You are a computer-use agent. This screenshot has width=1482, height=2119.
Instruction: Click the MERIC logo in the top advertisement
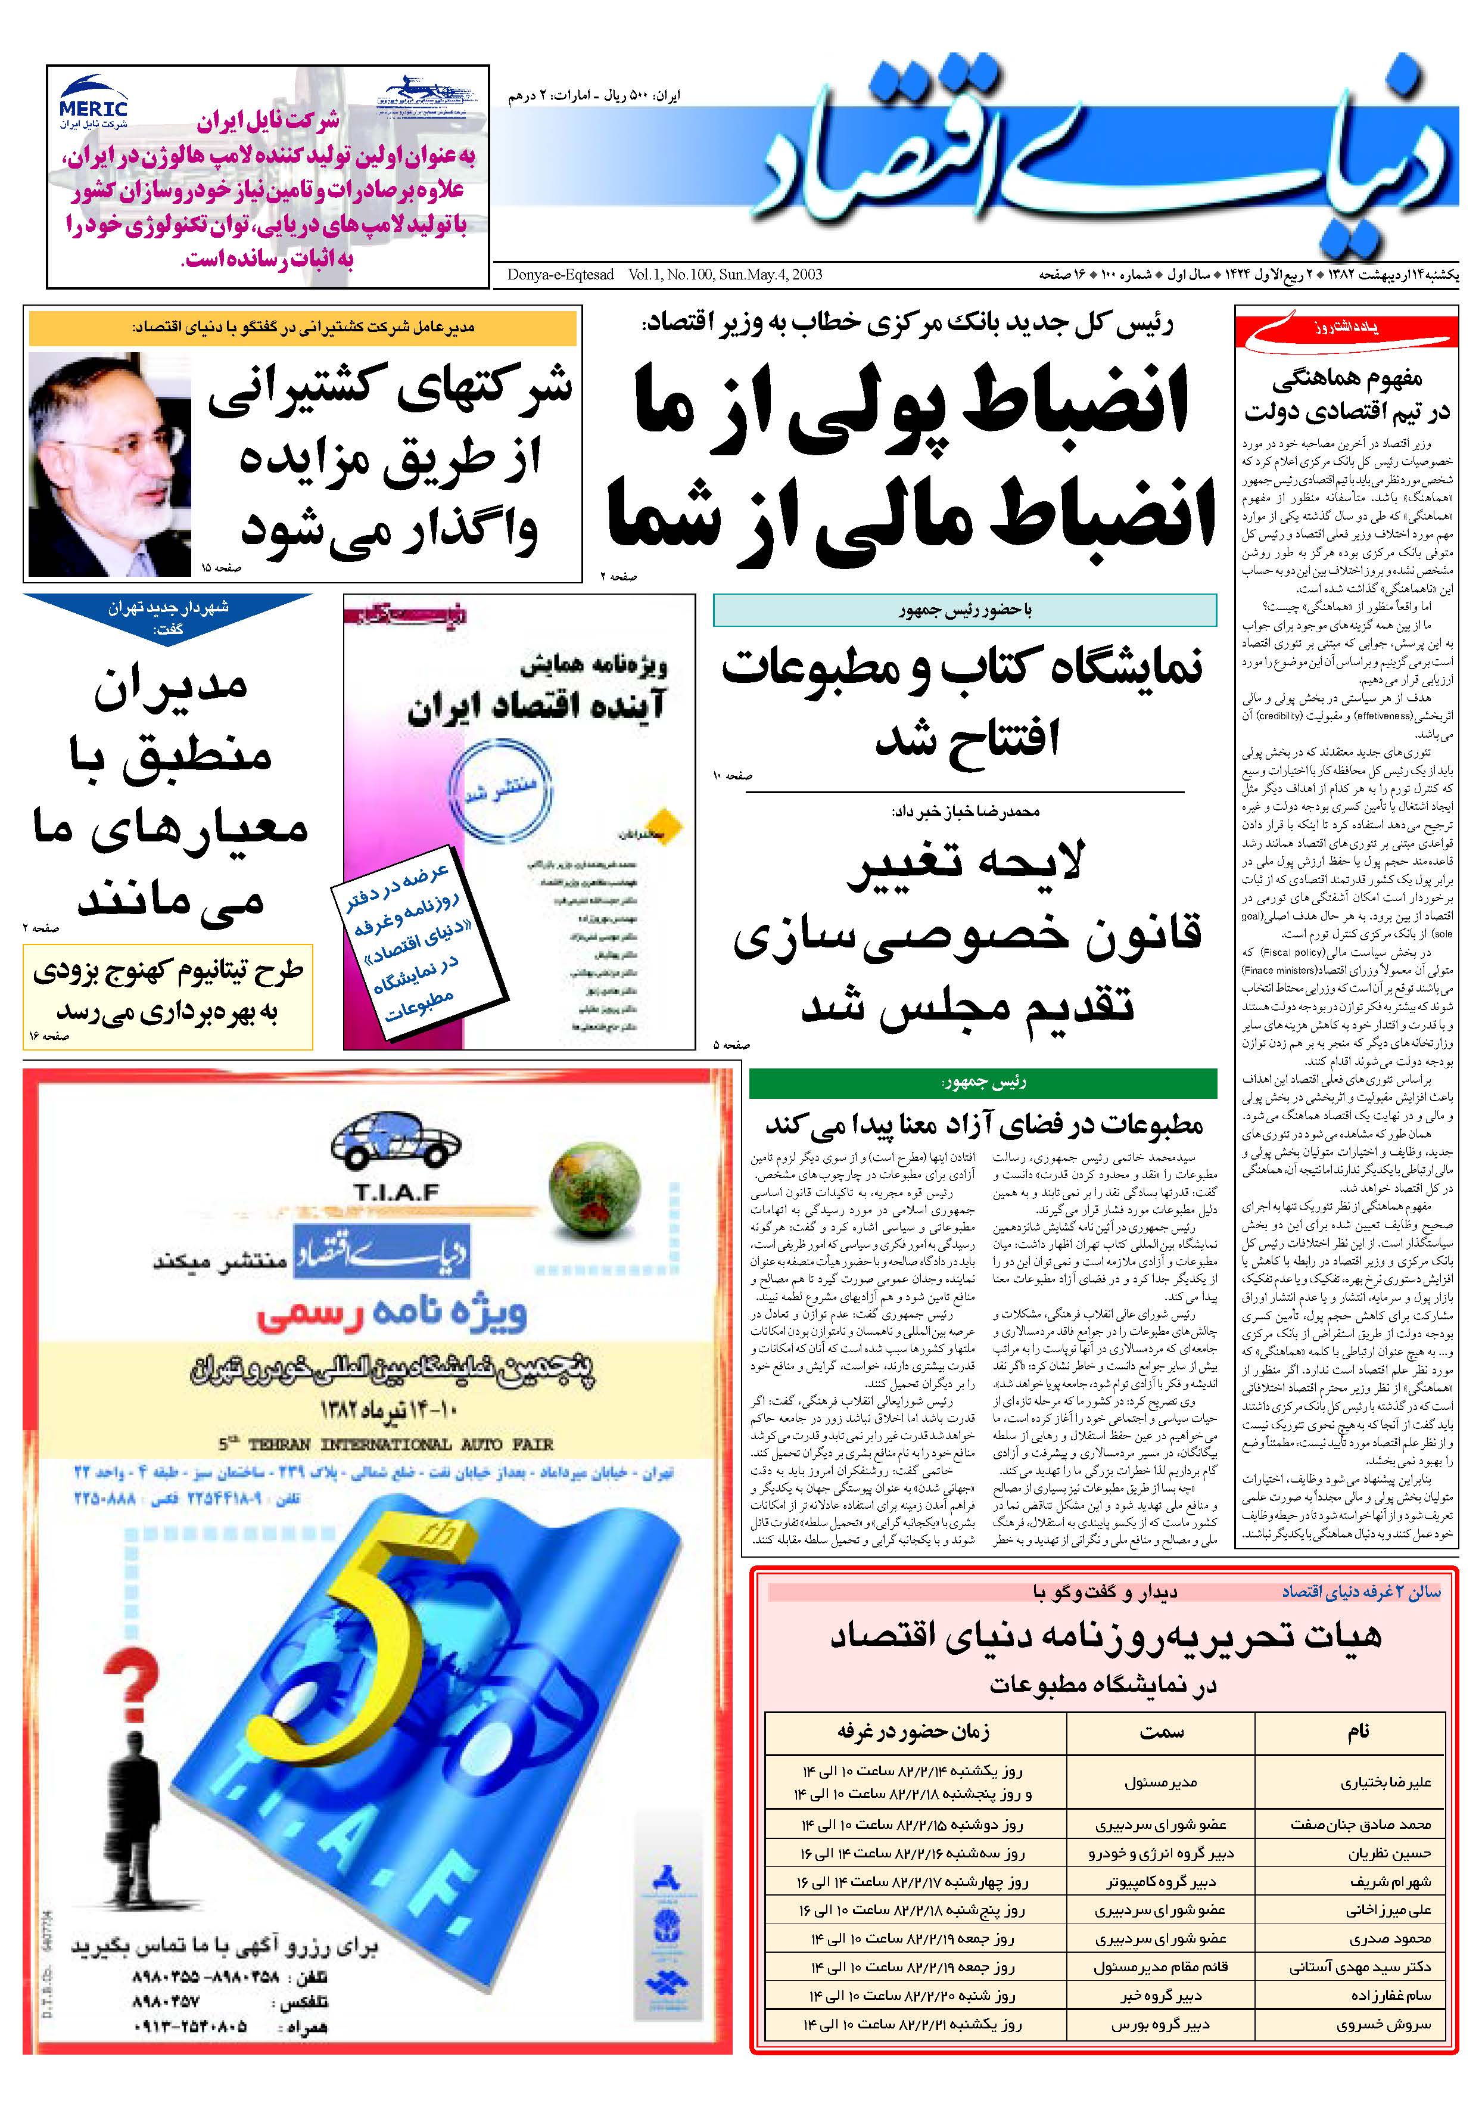[x=93, y=100]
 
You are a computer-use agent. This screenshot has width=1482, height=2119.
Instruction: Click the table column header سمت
[x=1161, y=1732]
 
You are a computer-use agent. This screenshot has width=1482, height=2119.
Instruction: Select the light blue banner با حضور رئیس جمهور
[x=964, y=610]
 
